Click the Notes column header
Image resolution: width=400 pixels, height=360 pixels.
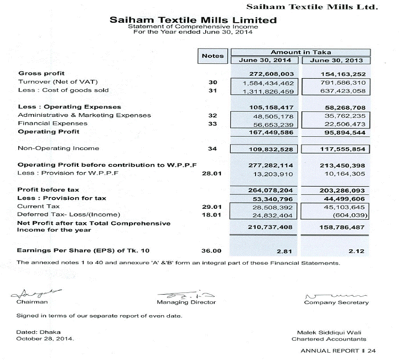point(213,55)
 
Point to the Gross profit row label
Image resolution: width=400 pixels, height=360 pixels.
point(41,74)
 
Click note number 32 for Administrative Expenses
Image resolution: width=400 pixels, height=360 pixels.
point(213,116)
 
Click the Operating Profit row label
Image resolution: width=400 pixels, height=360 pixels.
point(49,132)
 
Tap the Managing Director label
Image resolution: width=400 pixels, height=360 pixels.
point(186,302)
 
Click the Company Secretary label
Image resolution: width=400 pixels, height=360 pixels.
point(336,302)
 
